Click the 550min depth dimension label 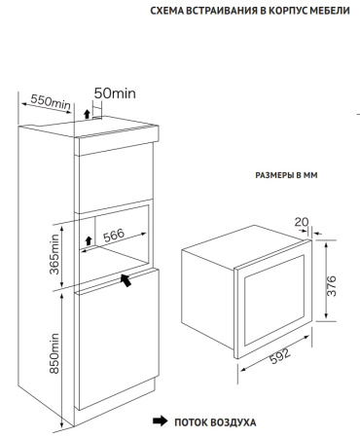pos(51,101)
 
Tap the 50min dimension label pos(115,93)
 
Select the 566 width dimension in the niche pos(114,235)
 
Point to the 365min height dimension pos(54,254)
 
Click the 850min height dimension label pos(54,353)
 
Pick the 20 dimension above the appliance pos(302,222)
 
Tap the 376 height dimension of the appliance pos(332,286)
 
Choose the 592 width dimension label pos(280,356)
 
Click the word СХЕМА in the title pos(166,11)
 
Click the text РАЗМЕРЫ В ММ pos(286,175)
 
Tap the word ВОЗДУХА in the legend pos(234,422)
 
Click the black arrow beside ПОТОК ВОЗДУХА pos(161,421)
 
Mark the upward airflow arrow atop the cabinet pos(87,114)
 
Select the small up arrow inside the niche pos(88,240)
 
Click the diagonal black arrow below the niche pos(126,280)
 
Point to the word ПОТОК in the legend pos(191,422)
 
